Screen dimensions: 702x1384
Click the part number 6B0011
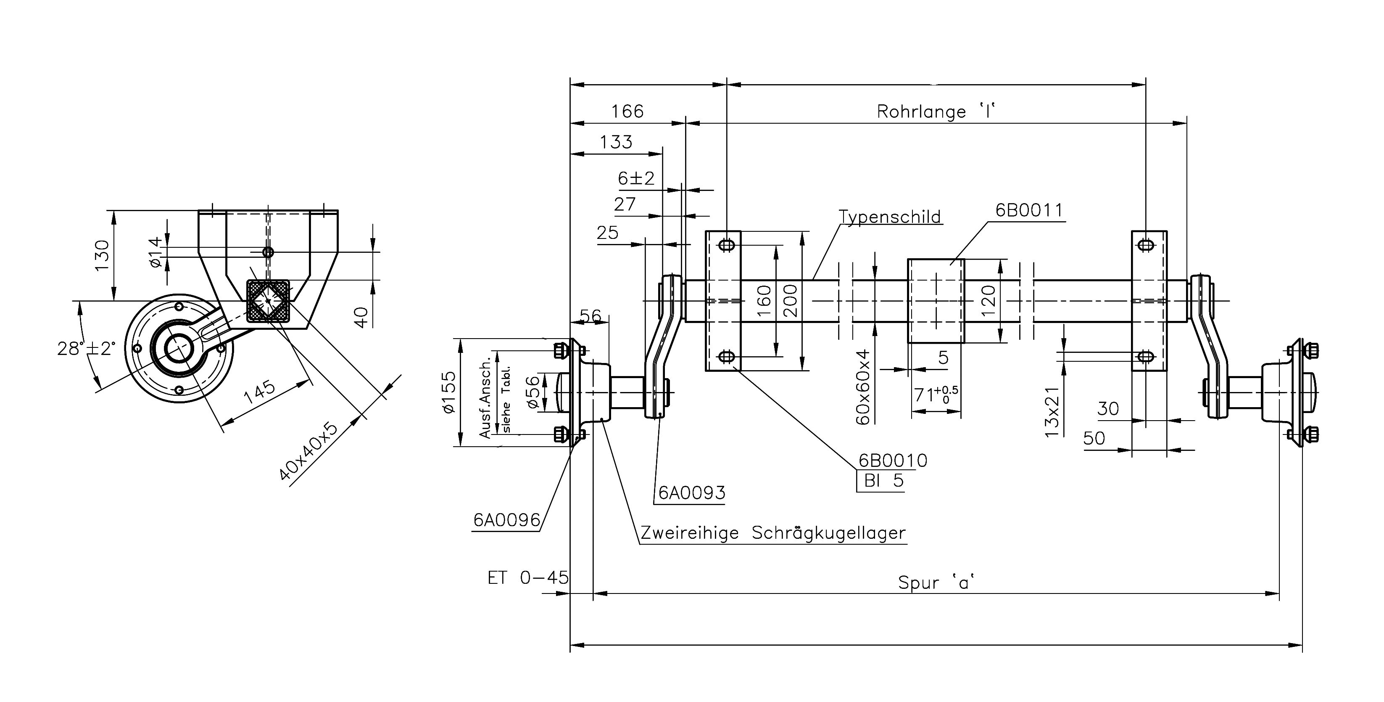click(x=1029, y=210)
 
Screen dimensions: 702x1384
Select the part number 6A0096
click(x=506, y=520)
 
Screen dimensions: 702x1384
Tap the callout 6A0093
click(x=691, y=493)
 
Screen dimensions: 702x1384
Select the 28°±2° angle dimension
click(x=86, y=348)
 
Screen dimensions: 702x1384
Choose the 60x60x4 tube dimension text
click(x=862, y=387)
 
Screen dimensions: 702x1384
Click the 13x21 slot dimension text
click(x=1052, y=412)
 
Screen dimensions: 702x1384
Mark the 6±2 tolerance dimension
click(x=636, y=178)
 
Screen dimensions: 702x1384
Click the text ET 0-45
click(x=527, y=578)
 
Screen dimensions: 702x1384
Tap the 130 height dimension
click(x=102, y=256)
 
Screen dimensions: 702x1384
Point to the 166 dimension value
click(x=627, y=111)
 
